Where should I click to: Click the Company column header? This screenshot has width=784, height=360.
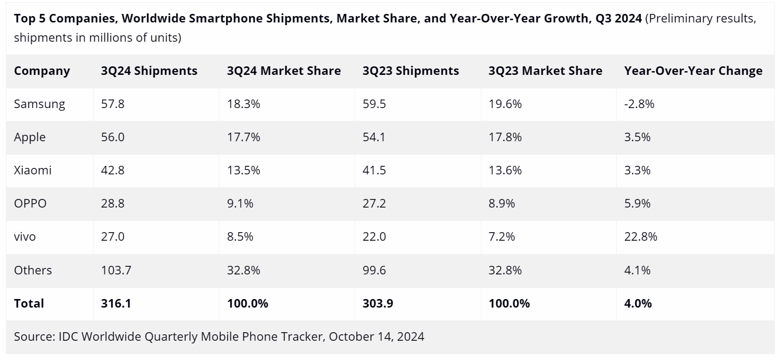pyautogui.click(x=42, y=71)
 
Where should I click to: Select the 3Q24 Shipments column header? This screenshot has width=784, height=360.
pyautogui.click(x=149, y=71)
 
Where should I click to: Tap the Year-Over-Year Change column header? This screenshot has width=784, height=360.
pyautogui.click(x=693, y=71)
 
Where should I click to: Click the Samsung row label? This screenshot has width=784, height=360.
pyautogui.click(x=40, y=104)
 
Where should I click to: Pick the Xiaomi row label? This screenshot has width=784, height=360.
pyautogui.click(x=33, y=170)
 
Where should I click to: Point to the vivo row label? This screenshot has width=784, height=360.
pyautogui.click(x=25, y=236)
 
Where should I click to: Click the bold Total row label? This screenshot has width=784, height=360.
pyautogui.click(x=29, y=303)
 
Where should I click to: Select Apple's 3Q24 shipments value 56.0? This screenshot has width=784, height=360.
pyautogui.click(x=112, y=137)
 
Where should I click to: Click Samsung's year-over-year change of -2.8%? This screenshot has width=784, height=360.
pyautogui.click(x=639, y=104)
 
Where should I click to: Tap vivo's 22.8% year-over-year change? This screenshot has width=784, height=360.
pyautogui.click(x=641, y=236)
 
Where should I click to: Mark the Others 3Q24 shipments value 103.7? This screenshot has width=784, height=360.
pyautogui.click(x=116, y=270)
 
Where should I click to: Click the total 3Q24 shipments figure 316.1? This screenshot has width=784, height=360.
pyautogui.click(x=116, y=303)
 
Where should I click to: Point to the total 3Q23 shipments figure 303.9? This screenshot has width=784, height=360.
pyautogui.click(x=378, y=303)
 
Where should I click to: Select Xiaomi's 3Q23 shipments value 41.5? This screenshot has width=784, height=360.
pyautogui.click(x=374, y=170)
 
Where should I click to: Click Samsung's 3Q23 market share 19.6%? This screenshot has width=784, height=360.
pyautogui.click(x=505, y=104)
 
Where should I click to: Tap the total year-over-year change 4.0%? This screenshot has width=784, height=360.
pyautogui.click(x=638, y=303)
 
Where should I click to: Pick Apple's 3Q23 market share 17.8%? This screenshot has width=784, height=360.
pyautogui.click(x=505, y=137)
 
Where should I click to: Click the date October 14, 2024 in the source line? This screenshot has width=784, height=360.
pyautogui.click(x=376, y=336)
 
